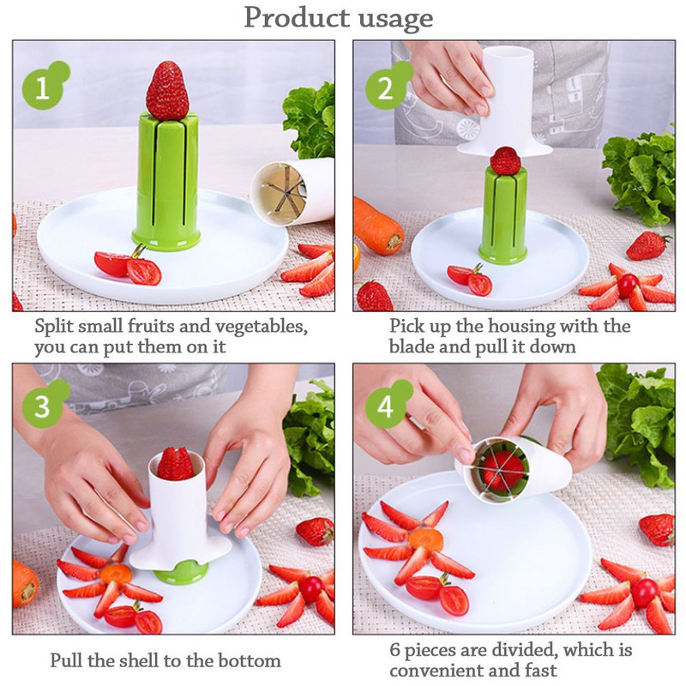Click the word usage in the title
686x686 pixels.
[395, 18]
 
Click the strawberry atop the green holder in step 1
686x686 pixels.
[167, 91]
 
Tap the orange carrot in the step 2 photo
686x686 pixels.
[377, 226]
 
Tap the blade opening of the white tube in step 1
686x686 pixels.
[279, 193]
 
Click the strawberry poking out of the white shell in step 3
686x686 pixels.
[175, 464]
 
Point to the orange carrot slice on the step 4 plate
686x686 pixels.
[425, 539]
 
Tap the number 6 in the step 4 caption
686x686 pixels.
[394, 650]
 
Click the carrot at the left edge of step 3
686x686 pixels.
[25, 585]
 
